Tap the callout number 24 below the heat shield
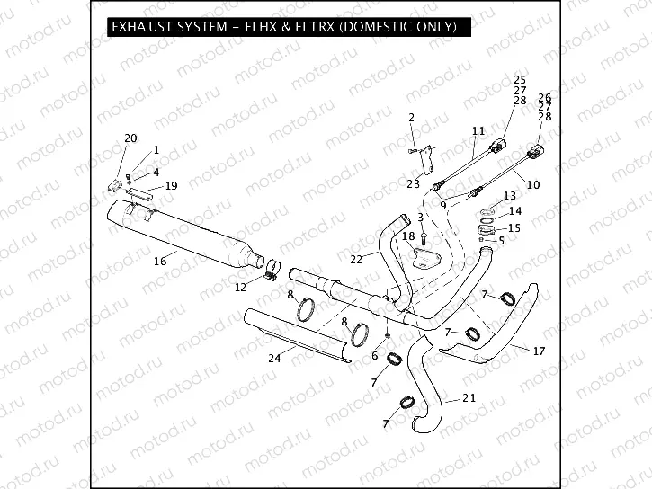(274, 359)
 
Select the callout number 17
(539, 351)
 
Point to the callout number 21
(469, 397)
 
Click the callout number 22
(356, 258)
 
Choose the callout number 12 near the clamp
(240, 288)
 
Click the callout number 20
(130, 138)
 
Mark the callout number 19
(171, 185)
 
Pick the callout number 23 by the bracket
(413, 183)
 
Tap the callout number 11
(478, 131)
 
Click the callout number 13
(509, 195)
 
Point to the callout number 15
(514, 227)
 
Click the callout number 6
(374, 356)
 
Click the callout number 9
(442, 205)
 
